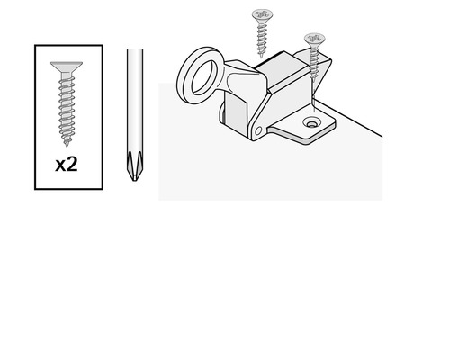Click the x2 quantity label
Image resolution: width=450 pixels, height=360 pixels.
click(67, 165)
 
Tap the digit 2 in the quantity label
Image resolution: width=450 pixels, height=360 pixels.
click(72, 165)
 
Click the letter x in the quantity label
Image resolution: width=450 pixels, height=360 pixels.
click(60, 166)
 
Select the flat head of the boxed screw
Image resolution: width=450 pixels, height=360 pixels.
click(67, 67)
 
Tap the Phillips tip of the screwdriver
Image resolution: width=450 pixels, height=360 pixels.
click(134, 166)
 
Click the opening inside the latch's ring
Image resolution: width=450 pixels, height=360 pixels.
click(204, 76)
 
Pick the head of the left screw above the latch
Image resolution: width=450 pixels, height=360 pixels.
click(262, 14)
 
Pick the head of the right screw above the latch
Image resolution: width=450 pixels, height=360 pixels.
click(315, 39)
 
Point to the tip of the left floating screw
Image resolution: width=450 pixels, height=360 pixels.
click(261, 56)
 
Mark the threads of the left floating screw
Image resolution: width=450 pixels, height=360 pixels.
click(262, 38)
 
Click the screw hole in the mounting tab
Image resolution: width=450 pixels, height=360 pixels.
click(311, 123)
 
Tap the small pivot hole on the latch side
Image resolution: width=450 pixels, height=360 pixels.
click(258, 130)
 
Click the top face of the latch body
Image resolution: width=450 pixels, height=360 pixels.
click(282, 69)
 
